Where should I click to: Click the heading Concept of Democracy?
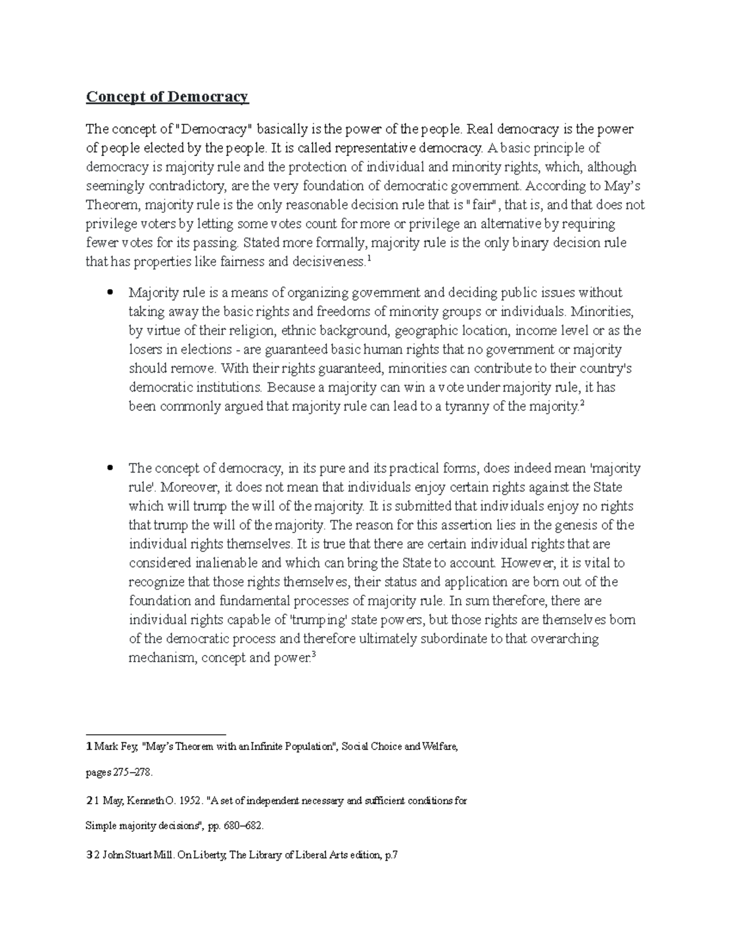167,97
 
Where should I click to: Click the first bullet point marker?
110,293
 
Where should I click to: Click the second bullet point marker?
110,468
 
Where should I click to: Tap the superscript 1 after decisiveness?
370,259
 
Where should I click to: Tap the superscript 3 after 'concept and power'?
314,655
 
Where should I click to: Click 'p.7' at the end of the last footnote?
389,855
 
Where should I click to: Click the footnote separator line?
156,734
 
